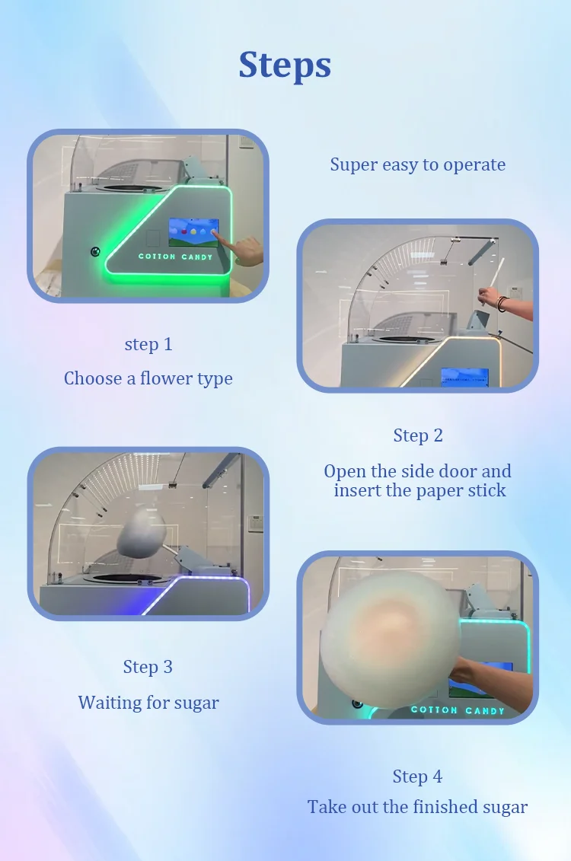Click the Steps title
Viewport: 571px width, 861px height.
(x=285, y=65)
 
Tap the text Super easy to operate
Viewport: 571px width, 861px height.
(x=418, y=164)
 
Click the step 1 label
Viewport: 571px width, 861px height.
(x=148, y=344)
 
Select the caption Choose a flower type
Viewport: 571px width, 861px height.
(x=148, y=379)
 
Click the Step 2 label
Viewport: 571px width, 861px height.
(x=418, y=435)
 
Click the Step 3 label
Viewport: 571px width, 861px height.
(x=148, y=667)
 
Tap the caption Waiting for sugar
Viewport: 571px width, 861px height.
(x=148, y=703)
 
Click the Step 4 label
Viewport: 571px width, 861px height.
(x=417, y=776)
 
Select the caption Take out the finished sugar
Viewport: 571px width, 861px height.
(x=417, y=807)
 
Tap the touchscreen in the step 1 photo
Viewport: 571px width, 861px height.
(x=193, y=232)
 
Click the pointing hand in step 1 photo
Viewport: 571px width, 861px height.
(x=245, y=250)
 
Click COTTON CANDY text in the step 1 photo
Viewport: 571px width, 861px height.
(x=175, y=257)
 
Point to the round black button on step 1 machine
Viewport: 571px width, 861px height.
(x=95, y=251)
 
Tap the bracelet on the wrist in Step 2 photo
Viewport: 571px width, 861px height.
(x=502, y=304)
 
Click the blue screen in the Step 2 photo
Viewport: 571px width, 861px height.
(x=465, y=378)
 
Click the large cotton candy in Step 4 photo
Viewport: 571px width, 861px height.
(x=391, y=639)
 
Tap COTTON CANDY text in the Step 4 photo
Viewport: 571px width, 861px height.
(x=458, y=710)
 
